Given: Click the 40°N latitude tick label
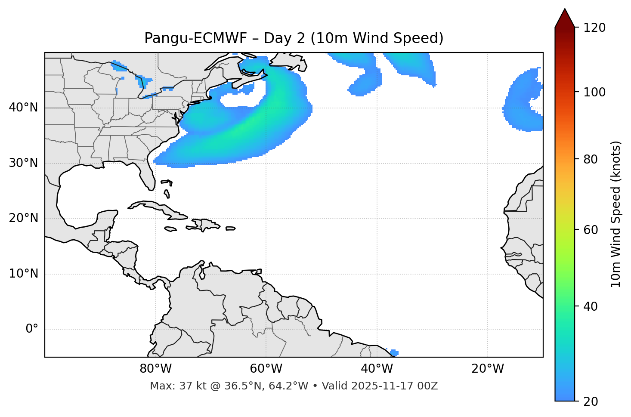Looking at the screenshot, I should pos(23,108).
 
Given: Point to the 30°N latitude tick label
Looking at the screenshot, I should pos(23,163).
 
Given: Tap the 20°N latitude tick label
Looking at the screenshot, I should pos(23,218).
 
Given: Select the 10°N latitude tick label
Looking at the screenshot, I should pos(23,274).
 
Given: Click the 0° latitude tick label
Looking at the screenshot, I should pos(32,329).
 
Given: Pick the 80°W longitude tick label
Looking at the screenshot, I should pos(155,369).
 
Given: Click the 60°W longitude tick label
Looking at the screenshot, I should pos(266,369).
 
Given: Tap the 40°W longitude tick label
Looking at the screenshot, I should pos(377,369).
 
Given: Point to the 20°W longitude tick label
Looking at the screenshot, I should pos(487,369).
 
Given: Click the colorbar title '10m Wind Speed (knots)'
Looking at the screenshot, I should pos(616,214).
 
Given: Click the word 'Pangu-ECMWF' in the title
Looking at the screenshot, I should pos(195,38).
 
